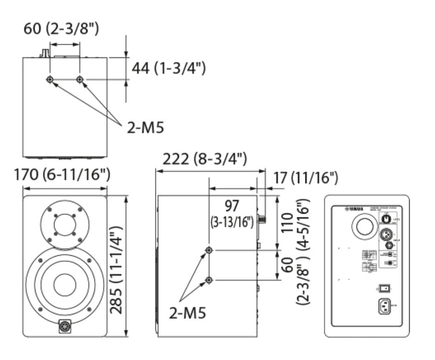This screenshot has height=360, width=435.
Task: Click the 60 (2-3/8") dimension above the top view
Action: pyautogui.click(x=61, y=30)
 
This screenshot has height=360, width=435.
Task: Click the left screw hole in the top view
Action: pyautogui.click(x=50, y=80)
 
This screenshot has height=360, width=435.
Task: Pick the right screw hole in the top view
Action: pyautogui.click(x=80, y=80)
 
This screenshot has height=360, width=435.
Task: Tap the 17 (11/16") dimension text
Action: pyautogui.click(x=305, y=176)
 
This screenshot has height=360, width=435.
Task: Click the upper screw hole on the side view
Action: pyautogui.click(x=209, y=250)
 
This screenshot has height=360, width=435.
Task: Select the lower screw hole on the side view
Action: pyautogui.click(x=209, y=280)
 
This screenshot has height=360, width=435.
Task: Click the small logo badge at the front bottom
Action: pyautogui.click(x=65, y=327)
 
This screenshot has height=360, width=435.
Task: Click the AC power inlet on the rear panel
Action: pyautogui.click(x=385, y=306)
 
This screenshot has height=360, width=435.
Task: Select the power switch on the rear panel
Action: pyautogui.click(x=386, y=289)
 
